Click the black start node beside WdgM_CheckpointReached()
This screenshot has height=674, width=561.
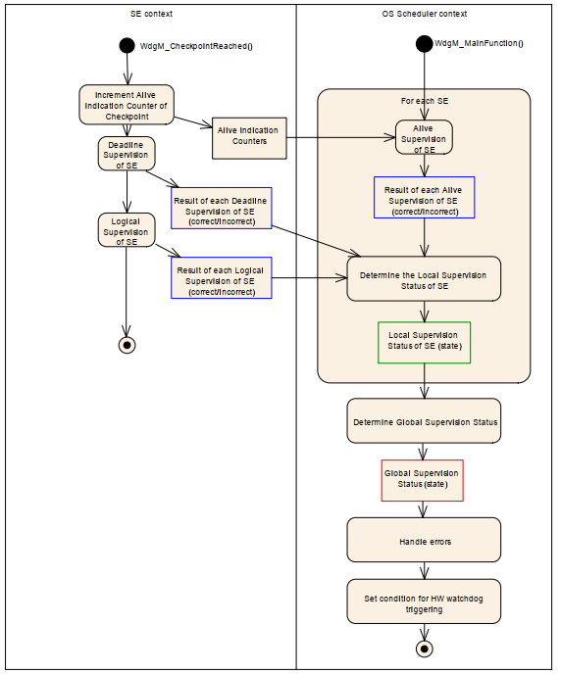(127, 45)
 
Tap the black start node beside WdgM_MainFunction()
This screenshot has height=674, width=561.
(425, 43)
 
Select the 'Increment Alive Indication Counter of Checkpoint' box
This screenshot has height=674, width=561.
(127, 105)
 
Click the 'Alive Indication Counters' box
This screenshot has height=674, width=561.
(249, 138)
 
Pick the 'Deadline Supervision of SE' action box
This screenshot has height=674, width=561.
(127, 154)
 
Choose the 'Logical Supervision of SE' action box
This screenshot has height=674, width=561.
(127, 230)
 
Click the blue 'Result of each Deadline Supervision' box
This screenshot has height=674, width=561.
(222, 208)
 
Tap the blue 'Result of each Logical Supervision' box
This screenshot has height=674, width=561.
(222, 277)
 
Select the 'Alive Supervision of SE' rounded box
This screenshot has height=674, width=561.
(424, 137)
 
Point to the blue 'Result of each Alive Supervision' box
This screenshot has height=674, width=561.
(425, 197)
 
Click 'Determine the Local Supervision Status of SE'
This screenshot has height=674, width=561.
(424, 279)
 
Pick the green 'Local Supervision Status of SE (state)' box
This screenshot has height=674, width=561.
(425, 343)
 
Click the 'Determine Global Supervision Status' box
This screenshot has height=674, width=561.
(424, 421)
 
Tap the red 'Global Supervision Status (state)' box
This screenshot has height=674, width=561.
(423, 481)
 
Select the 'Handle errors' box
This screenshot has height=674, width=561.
(424, 540)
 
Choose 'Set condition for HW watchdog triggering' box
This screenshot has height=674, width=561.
(424, 602)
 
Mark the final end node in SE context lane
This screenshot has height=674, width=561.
(127, 345)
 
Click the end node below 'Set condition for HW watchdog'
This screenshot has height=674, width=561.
(425, 649)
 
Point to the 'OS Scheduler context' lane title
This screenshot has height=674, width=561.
(425, 14)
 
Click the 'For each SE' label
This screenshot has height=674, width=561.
(425, 101)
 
